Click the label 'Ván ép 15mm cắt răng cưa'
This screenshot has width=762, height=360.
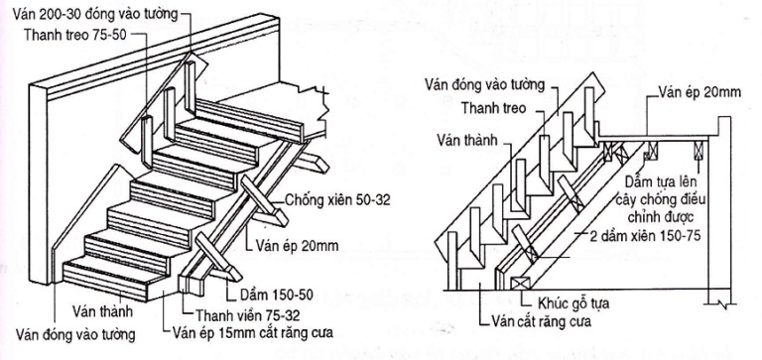(250, 332)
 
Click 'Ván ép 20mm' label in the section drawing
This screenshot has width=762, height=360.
(701, 92)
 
